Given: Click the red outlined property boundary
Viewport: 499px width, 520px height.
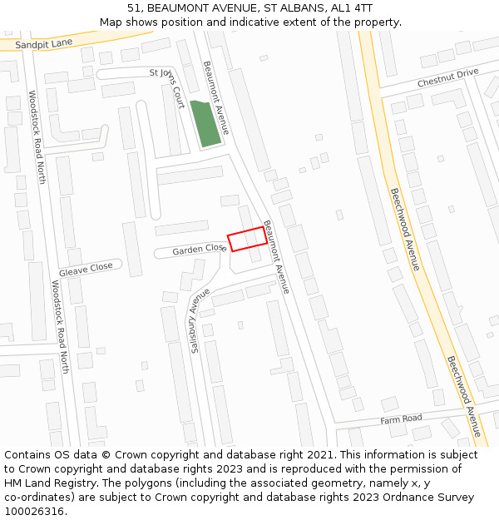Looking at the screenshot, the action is coord(247,239).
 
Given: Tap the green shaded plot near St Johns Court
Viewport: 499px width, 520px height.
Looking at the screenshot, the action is coord(205,123).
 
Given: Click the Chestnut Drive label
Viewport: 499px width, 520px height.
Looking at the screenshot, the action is coord(447,78).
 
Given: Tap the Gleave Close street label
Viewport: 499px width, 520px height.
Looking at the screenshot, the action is coord(86,268).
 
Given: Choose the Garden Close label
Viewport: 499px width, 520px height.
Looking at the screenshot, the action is coord(200,249).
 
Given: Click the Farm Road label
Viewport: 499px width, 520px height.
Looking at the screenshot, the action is coord(401,419).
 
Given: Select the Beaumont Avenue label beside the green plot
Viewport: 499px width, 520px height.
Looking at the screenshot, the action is coord(215,97).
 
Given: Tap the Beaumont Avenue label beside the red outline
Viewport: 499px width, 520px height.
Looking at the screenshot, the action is coord(276,256).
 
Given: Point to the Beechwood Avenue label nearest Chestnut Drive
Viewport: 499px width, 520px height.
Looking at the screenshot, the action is coord(404,228).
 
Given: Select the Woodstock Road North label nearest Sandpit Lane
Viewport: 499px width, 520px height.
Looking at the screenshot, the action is coord(37,136).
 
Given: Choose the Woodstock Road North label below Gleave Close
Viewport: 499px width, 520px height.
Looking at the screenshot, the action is coord(60,326).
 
